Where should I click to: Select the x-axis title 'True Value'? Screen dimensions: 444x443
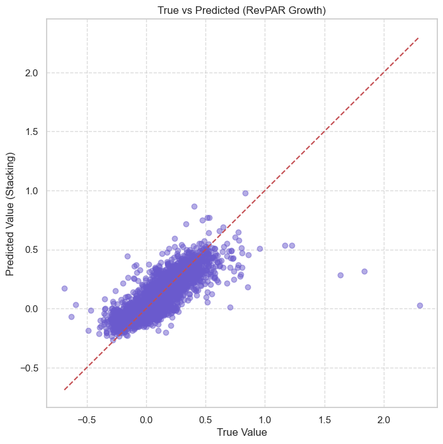242,433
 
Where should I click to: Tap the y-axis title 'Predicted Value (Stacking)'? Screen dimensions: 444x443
10,213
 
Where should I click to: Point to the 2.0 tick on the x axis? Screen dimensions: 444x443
384,419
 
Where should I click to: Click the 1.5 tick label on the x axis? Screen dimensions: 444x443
325,419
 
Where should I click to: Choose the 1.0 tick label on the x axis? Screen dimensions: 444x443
265,419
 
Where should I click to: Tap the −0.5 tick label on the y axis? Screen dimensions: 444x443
28,368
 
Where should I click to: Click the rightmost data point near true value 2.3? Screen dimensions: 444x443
420,305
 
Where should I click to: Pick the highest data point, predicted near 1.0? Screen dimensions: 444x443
245,193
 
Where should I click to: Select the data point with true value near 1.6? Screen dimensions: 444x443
340,275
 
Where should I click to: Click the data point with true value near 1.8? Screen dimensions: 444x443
364,271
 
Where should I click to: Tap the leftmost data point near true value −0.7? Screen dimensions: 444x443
64,288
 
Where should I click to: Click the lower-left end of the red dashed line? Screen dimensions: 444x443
65,390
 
